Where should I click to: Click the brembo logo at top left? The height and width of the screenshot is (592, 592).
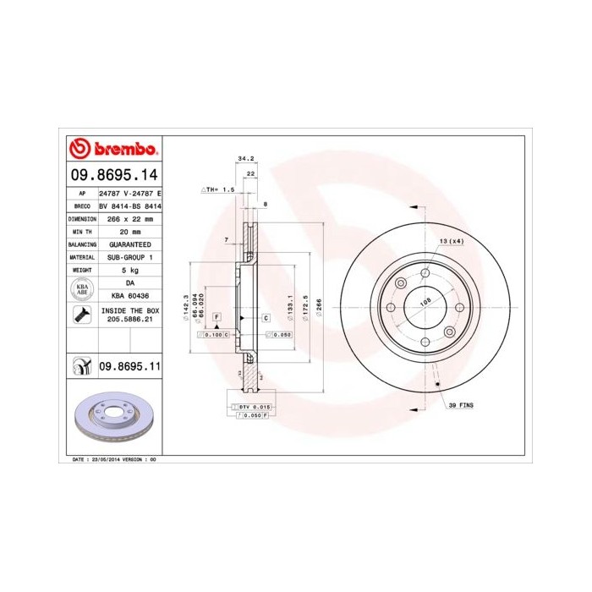tap(112, 149)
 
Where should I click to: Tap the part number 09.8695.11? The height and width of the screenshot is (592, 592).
tap(129, 365)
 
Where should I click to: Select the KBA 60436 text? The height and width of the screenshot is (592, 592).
tap(130, 296)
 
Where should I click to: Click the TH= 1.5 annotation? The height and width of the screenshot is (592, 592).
tap(217, 190)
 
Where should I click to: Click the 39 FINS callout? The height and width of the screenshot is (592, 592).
tap(461, 406)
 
